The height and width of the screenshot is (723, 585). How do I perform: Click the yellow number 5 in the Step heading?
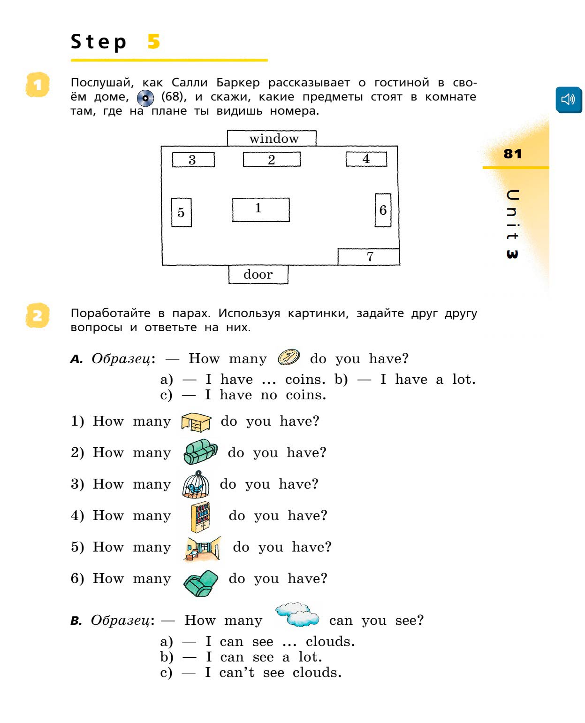pos(153,42)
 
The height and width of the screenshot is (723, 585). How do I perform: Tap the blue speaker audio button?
pos(568,100)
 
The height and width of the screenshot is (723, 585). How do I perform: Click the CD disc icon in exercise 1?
pos(145,98)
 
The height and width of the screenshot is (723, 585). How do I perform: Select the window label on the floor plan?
pos(272,139)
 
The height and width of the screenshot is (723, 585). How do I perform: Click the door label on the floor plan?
pos(258,274)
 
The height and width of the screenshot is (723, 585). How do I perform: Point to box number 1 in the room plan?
pos(261,210)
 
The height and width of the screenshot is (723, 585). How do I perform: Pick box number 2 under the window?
pos(272,160)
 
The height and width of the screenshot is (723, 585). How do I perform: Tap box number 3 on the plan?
pos(193,160)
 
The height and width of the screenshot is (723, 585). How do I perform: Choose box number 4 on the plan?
pos(366,159)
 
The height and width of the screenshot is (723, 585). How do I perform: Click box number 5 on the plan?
pos(182,212)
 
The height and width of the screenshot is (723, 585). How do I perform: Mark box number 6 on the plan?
pos(383,210)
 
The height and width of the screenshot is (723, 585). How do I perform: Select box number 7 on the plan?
pos(369,257)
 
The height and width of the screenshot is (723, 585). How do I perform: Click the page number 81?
pos(512,154)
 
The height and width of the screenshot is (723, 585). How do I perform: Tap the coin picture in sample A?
pos(289,358)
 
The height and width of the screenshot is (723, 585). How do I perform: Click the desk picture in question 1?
pos(196,422)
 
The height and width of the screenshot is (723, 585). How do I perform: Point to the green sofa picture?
pos(200,451)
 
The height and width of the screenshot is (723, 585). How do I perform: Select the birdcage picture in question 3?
pos(196,484)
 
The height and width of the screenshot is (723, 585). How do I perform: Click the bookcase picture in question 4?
pos(200,516)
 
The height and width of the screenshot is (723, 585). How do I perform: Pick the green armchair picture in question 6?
pos(201,583)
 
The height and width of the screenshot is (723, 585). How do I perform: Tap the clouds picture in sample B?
pos(297,614)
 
